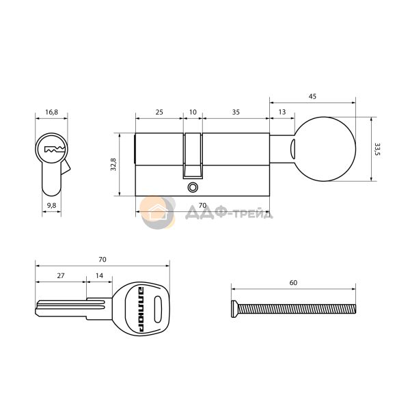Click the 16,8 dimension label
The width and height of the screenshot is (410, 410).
coord(51,113)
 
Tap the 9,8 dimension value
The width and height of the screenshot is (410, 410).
coord(51,205)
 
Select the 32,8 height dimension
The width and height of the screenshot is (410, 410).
coord(113,165)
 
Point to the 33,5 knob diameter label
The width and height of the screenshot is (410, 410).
coord(377,149)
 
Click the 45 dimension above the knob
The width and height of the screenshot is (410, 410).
coord(312,96)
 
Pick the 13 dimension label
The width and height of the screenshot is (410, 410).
coord(282,112)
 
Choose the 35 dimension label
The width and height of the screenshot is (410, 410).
coord(236,112)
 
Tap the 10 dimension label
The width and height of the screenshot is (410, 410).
coord(193,112)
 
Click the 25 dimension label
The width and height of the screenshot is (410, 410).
coord(159,112)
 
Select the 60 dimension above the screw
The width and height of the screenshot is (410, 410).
coord(293,283)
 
